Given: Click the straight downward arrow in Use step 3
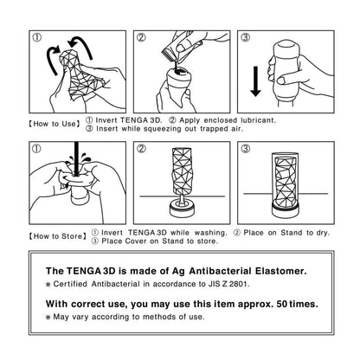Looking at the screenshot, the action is (255, 81).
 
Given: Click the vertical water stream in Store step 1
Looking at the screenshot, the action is (76, 158).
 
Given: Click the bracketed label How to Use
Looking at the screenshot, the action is (54, 124).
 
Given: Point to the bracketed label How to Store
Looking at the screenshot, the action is (58, 236).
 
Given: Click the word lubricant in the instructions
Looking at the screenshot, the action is (259, 120).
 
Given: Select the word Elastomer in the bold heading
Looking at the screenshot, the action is (281, 271).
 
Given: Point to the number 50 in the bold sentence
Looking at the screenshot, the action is (282, 304).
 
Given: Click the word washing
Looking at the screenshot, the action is (211, 233).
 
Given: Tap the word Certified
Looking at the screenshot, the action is (70, 284).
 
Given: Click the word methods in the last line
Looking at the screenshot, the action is (159, 317).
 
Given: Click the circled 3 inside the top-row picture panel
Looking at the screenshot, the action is (246, 37).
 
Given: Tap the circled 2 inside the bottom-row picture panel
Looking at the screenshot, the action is (141, 149).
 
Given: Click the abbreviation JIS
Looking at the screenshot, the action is (214, 284).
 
